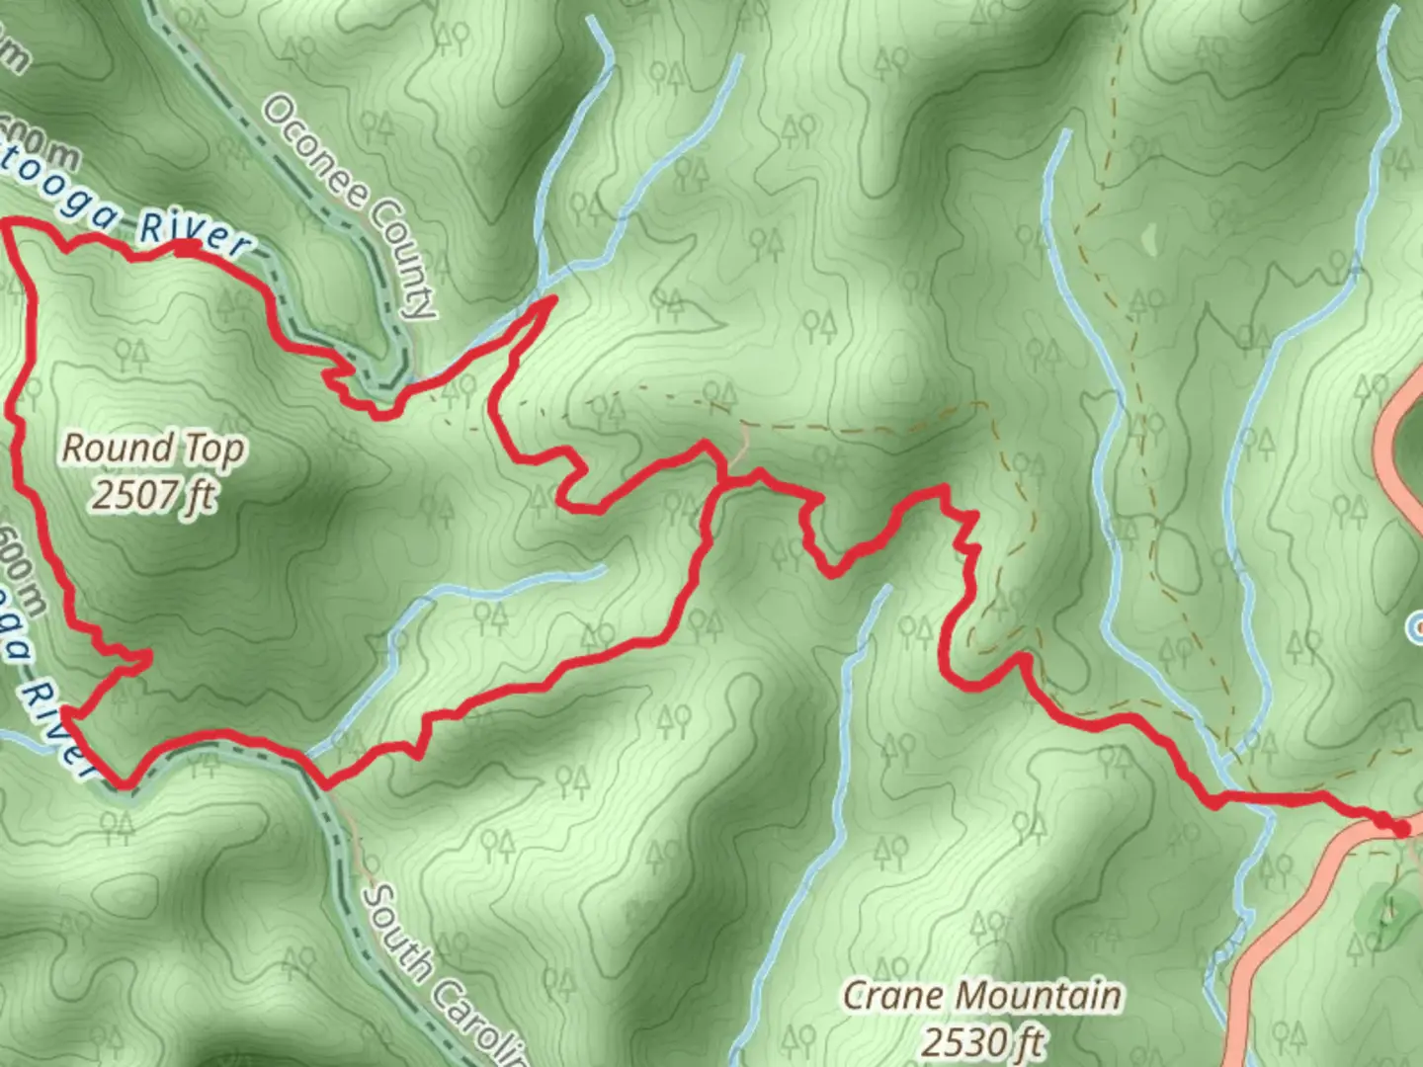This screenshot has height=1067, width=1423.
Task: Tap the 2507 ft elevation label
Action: tap(153, 494)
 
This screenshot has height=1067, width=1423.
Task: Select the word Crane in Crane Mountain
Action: tap(892, 996)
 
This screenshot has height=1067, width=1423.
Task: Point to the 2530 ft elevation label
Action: tap(983, 1040)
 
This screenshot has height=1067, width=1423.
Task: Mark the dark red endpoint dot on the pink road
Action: tap(1399, 828)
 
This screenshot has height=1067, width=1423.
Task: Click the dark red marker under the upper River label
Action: tap(188, 247)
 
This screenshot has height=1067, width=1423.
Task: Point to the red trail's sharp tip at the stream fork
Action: tap(553, 297)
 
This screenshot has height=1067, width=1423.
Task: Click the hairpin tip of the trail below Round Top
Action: tap(148, 655)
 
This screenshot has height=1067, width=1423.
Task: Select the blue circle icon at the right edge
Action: tap(1416, 624)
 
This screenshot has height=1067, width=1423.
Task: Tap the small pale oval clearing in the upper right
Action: tap(1147, 238)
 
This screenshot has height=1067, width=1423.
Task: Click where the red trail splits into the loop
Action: tap(722, 482)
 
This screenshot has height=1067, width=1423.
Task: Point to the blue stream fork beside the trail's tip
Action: tap(542, 289)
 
